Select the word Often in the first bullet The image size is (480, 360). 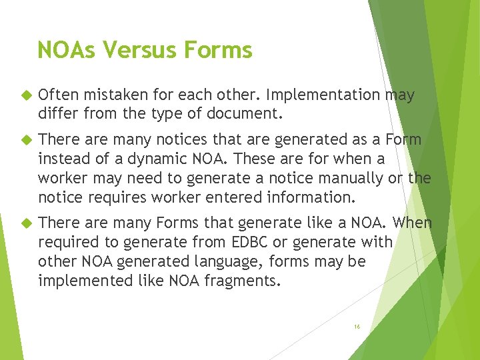[57, 96]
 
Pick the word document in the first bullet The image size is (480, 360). [247, 114]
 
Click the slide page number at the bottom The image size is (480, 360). [357, 327]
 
